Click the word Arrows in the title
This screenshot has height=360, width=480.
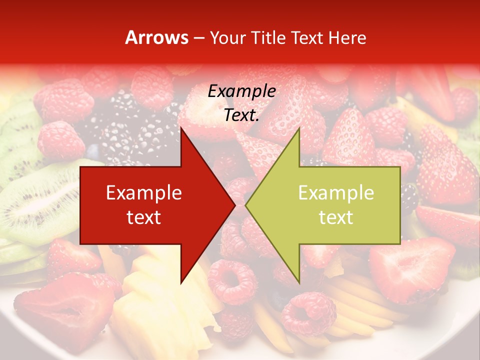click(x=157, y=37)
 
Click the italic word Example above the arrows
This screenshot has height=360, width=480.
click(x=241, y=91)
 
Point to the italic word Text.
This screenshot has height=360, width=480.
click(x=241, y=115)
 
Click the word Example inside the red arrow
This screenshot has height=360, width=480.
click(x=144, y=193)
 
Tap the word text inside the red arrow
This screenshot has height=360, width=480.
click(x=144, y=217)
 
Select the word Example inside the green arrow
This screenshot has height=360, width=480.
click(x=336, y=193)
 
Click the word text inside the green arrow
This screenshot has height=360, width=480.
click(x=336, y=217)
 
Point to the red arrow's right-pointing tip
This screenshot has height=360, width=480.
click(x=234, y=205)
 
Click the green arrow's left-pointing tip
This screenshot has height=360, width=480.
click(x=246, y=205)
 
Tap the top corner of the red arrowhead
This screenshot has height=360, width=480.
click(x=181, y=128)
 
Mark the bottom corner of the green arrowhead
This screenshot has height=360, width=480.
click(x=299, y=282)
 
